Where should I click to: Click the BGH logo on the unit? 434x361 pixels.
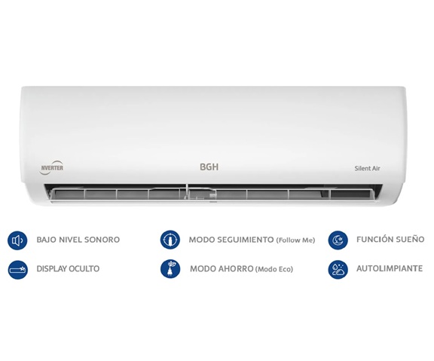209,167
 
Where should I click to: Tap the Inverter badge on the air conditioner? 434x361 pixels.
51,167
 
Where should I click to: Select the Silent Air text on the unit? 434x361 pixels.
367,168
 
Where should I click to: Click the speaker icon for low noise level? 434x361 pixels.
17,240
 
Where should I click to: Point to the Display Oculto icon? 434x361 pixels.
18,269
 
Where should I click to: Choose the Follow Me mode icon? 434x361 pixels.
170,240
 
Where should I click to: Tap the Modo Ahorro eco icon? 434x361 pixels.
170,269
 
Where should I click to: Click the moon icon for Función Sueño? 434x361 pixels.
338,240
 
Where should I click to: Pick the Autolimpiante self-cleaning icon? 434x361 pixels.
338,269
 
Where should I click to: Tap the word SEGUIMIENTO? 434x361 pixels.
245,240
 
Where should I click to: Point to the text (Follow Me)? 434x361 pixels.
295,240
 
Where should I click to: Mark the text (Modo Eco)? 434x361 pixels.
274,269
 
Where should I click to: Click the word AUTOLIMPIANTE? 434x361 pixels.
390,268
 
